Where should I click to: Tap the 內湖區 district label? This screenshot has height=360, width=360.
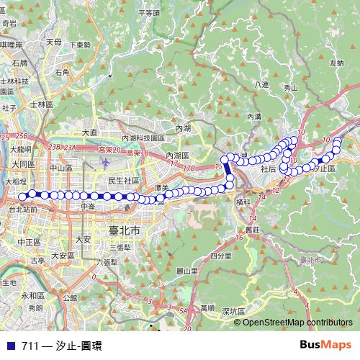pyautogui.click(x=176, y=156)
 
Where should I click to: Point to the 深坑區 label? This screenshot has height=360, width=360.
pyautogui.click(x=234, y=311)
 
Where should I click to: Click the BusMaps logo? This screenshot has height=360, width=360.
pyautogui.click(x=325, y=345)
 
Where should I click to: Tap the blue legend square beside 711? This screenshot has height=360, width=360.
pyautogui.click(x=9, y=346)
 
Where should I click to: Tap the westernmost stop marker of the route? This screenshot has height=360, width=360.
pyautogui.click(x=22, y=196)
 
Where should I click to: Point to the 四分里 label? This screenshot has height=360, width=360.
pyautogui.click(x=220, y=255)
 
